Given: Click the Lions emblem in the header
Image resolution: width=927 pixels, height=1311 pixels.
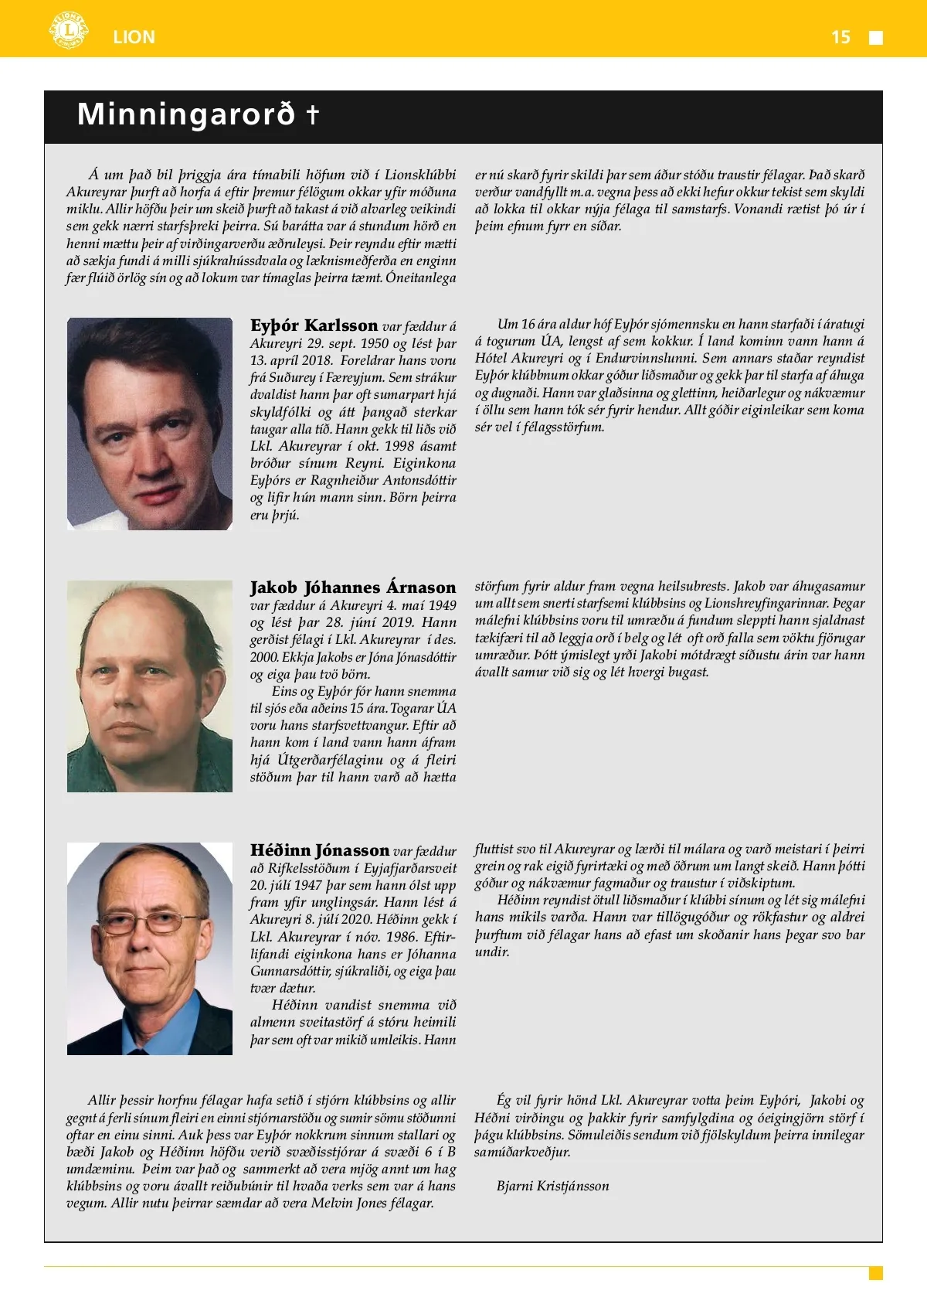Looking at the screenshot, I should click(69, 31).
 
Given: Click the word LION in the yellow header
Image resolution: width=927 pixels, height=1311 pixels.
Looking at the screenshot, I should click(134, 37).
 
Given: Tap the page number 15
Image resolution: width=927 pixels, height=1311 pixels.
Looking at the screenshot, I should click(840, 37).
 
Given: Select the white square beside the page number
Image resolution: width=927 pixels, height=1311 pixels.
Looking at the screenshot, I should click(876, 38).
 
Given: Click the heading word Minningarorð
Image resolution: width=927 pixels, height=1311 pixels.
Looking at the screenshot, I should click(186, 114).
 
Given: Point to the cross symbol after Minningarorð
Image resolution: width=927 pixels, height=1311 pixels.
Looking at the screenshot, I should click(313, 114).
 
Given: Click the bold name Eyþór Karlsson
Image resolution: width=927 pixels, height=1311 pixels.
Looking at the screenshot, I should click(314, 325).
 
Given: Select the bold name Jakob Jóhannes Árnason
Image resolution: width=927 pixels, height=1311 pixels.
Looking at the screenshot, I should click(353, 587).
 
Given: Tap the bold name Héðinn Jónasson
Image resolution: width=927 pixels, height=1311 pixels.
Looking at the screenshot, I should click(319, 850).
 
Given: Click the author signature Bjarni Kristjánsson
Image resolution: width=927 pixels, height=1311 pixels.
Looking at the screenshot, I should click(552, 1186).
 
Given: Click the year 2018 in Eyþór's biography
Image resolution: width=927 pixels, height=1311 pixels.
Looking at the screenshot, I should click(317, 360).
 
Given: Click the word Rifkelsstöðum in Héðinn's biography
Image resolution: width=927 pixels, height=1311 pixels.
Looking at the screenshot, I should click(309, 868).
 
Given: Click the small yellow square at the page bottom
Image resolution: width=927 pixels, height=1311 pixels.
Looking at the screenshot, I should click(875, 1273).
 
